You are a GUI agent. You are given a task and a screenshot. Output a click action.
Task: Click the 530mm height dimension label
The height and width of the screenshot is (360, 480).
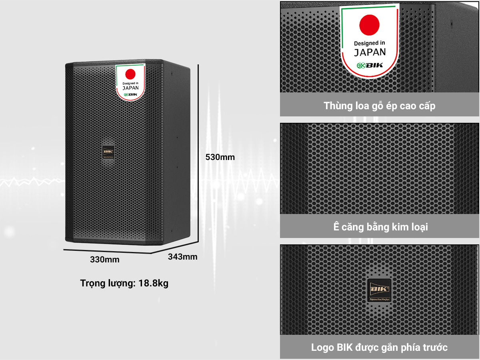coord(220,157)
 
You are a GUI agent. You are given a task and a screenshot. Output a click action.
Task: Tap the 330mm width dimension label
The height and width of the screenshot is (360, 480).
coord(105,260)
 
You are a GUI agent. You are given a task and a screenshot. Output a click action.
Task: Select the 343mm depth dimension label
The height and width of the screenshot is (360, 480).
coord(182,257)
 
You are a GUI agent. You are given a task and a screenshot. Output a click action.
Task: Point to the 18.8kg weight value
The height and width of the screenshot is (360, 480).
coord(153,284)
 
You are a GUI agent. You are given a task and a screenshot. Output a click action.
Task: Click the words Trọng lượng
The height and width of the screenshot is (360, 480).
coord(107,284)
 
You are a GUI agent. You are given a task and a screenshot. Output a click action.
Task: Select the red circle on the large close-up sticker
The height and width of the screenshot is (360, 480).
coord(369,24)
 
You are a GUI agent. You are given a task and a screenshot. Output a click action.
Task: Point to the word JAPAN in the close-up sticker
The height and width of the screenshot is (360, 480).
coord(370,52)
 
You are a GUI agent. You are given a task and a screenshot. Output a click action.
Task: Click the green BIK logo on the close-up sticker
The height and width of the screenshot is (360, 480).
coord(370,66)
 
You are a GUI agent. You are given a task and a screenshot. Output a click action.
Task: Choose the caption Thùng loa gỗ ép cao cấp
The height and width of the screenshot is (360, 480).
coord(380,106)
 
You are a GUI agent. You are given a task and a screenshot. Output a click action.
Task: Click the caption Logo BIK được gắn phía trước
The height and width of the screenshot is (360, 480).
coord(380,347)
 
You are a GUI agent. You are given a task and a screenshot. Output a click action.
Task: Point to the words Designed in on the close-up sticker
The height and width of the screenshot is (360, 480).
coord(369,43)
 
